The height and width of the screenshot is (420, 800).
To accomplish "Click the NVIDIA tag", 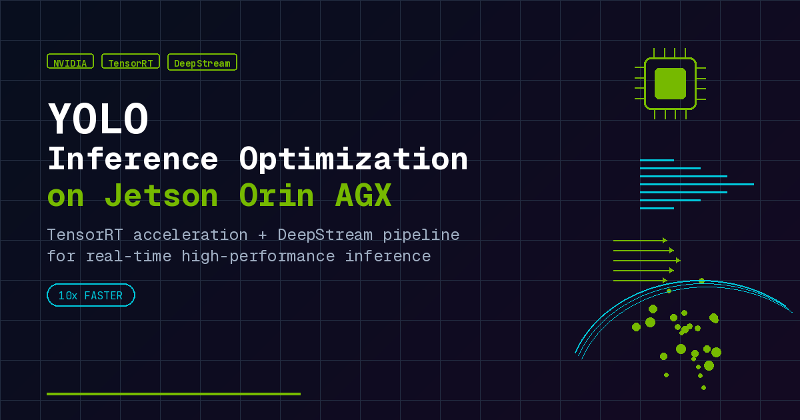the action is [x=71, y=61].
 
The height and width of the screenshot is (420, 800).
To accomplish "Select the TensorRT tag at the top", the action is [x=131, y=61].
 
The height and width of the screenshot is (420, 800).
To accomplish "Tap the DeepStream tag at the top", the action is [x=202, y=62].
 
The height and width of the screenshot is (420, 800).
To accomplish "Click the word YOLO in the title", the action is [x=98, y=119].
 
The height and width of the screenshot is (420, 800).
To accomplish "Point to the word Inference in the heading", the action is [x=133, y=159].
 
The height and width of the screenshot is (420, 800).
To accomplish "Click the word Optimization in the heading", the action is [x=353, y=160].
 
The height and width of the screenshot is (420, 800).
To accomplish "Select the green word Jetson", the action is [x=161, y=195].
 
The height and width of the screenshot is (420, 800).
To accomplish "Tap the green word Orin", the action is [x=276, y=195].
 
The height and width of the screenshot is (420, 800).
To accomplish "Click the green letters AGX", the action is [x=363, y=195].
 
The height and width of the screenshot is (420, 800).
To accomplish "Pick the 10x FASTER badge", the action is [x=91, y=295].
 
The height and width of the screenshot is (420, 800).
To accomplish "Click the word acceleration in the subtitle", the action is [x=191, y=235].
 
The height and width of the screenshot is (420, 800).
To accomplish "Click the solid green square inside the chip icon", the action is [x=670, y=83].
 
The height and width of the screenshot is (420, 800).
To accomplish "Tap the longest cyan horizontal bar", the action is [x=697, y=184].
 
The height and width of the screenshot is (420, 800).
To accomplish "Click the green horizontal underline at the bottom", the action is [x=173, y=394].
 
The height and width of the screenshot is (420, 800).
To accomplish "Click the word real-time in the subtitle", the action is [x=129, y=257].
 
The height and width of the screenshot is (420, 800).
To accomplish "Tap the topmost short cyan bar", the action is [x=657, y=161].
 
